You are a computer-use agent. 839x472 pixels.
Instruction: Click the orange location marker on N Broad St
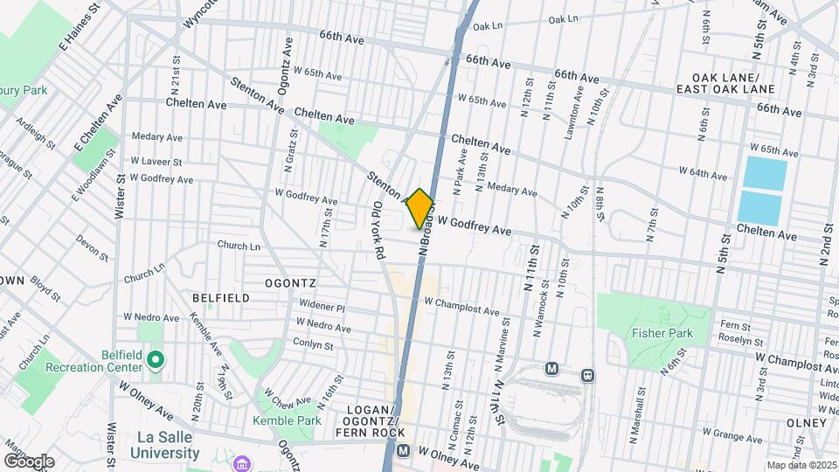click(420, 209)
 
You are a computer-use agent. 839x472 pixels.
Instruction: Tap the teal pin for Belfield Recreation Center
click(156, 359)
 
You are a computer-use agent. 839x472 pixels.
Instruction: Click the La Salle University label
click(164, 445)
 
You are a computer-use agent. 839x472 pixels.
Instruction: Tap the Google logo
click(29, 461)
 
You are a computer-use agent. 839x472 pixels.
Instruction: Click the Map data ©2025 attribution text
click(801, 465)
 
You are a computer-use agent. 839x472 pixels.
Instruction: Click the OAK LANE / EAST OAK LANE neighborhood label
click(737, 84)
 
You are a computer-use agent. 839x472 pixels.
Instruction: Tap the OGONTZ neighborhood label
click(290, 284)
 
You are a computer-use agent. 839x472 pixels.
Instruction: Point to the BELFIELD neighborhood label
click(220, 298)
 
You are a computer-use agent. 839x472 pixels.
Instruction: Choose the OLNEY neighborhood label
click(806, 423)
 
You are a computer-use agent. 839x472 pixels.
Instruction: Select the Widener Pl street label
click(322, 308)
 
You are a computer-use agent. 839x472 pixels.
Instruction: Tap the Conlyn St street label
click(315, 345)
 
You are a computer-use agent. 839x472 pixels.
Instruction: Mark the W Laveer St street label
click(156, 162)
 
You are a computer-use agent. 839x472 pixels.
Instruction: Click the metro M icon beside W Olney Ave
click(403, 451)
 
